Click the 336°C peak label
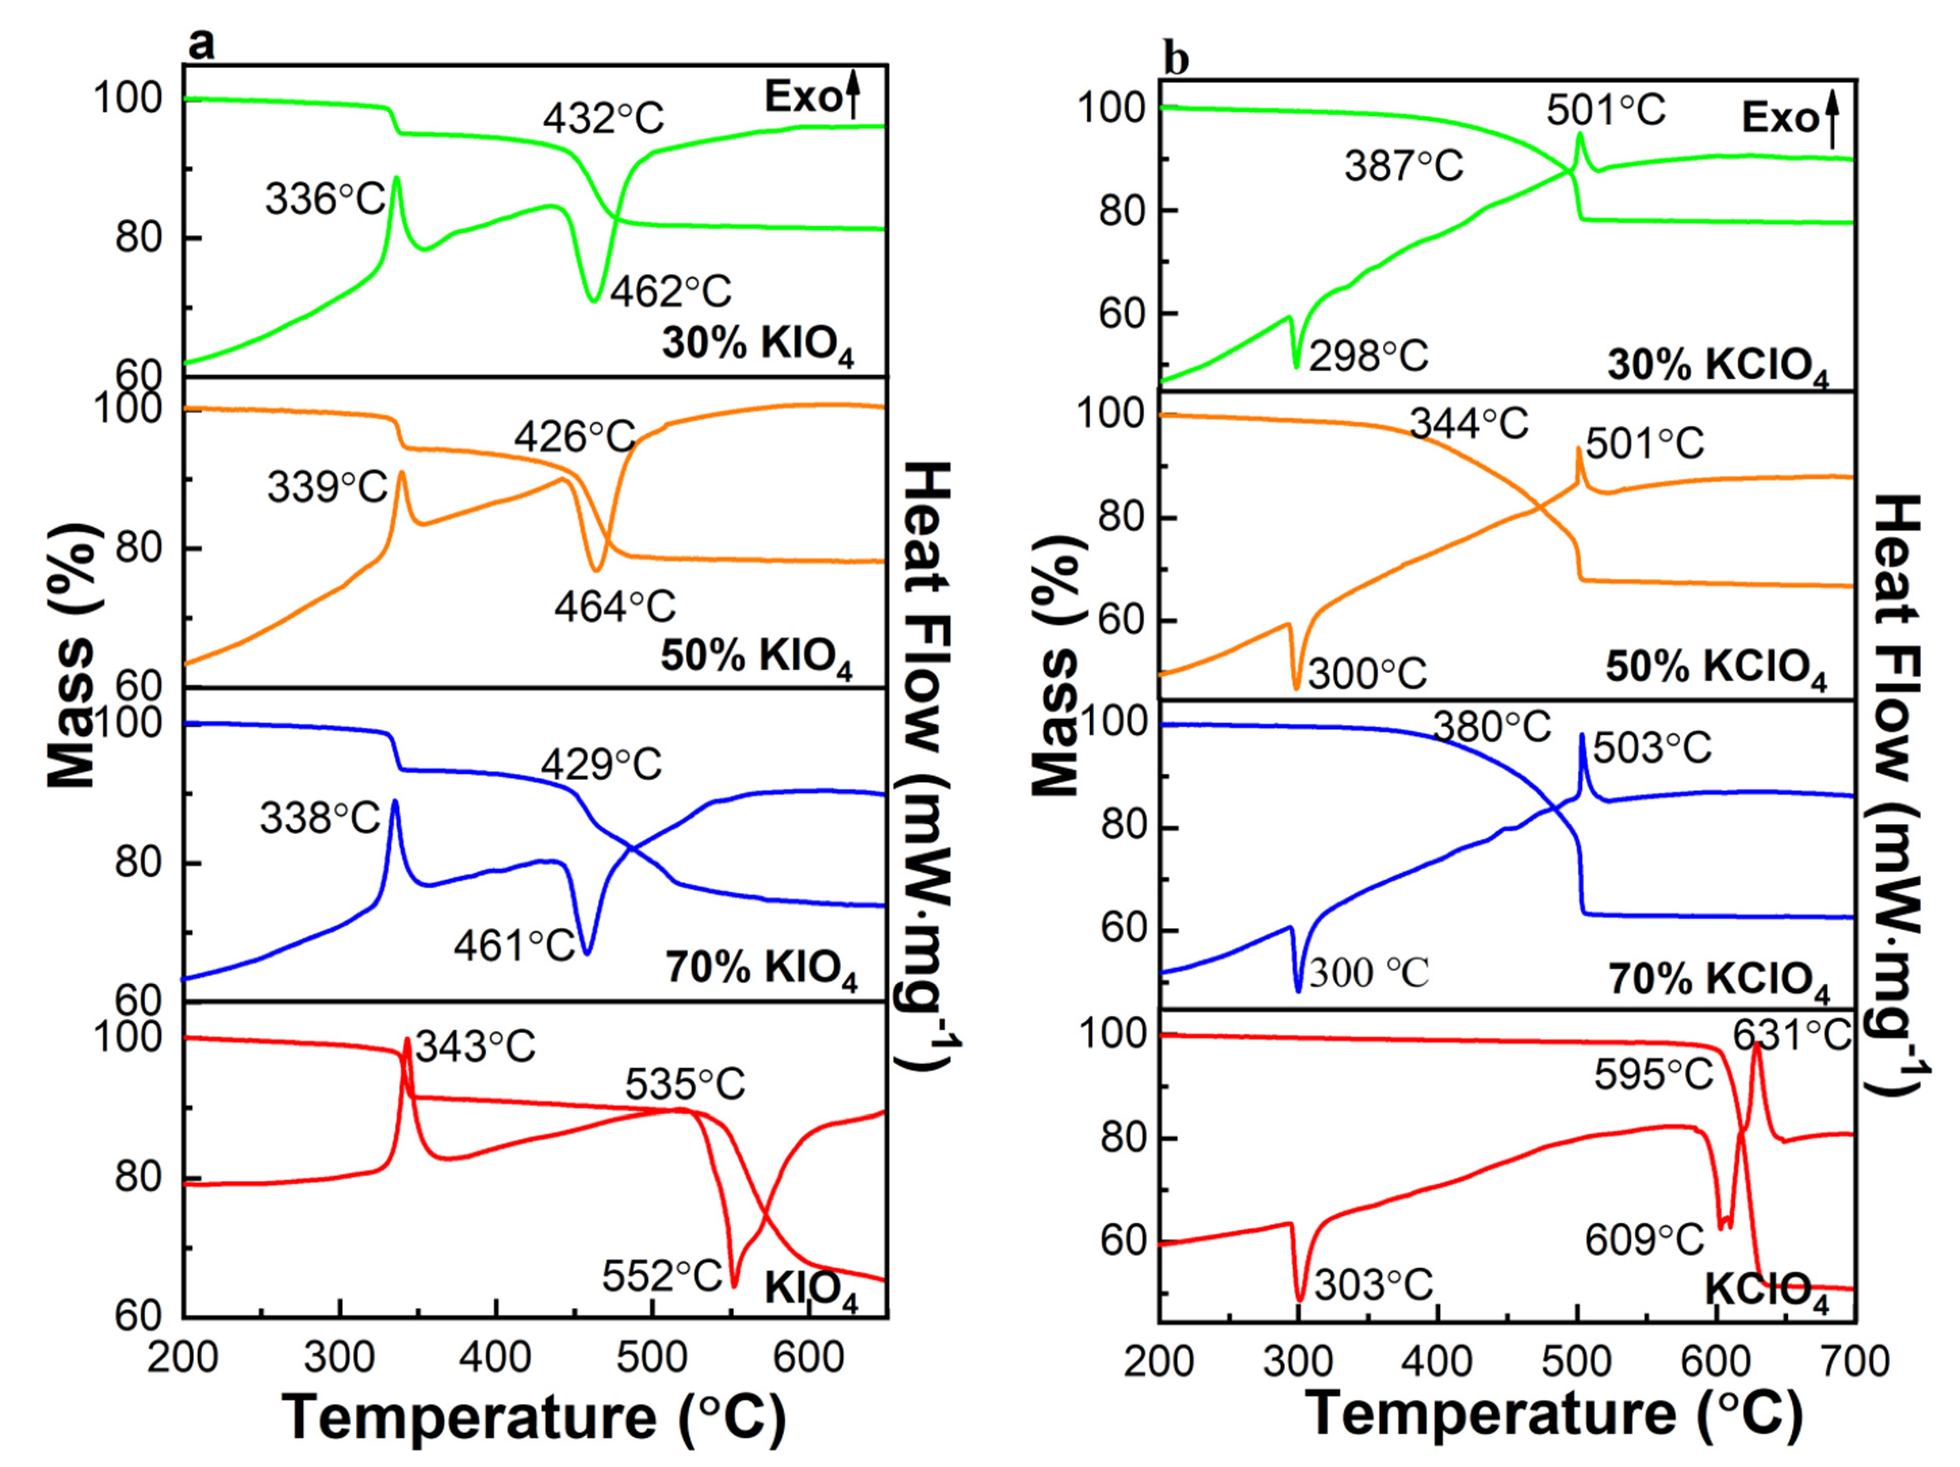[x=325, y=200]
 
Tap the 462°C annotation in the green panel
[x=670, y=291]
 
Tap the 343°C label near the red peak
[x=476, y=1048]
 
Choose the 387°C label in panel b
[x=1404, y=166]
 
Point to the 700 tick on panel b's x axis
[x=1854, y=1361]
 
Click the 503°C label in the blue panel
[x=1652, y=749]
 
